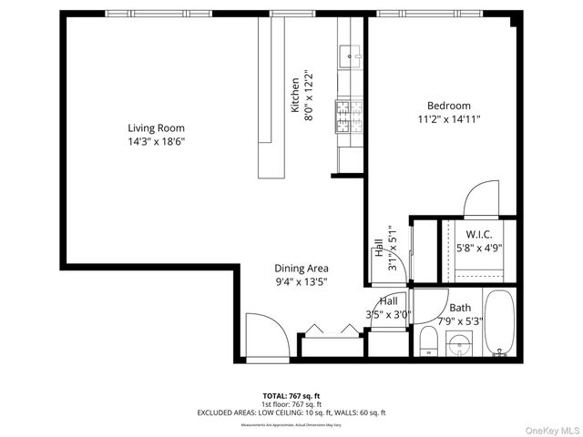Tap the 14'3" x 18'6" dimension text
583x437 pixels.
[x=158, y=142]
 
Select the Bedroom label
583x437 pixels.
[x=448, y=106]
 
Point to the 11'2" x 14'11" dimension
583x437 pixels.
[x=448, y=119]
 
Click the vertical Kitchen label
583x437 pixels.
[x=295, y=95]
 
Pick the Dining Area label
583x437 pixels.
[x=302, y=269]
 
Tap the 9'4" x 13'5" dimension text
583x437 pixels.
[x=302, y=282]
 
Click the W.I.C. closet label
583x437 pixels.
[x=479, y=234]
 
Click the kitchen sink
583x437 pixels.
[x=351, y=57]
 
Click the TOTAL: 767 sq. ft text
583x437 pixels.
[x=291, y=395]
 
